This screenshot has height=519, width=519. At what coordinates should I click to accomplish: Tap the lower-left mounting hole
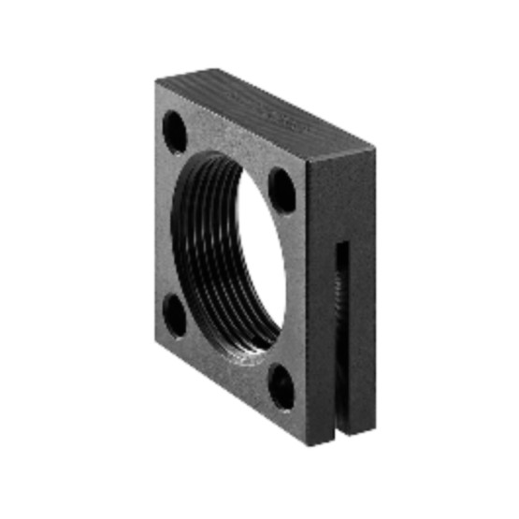pos(174,315)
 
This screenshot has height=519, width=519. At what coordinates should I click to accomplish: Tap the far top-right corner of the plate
pos(375,147)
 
